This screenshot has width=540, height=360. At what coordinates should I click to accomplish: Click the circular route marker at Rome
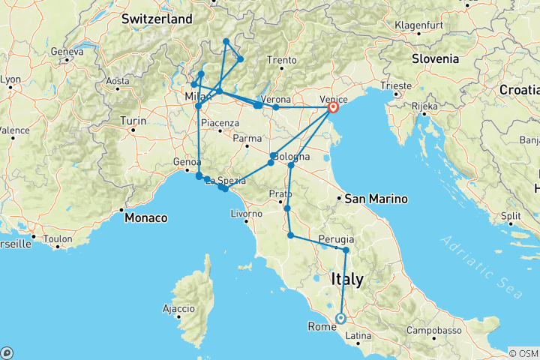[340, 318]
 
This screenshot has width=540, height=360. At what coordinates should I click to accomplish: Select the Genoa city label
[187, 162]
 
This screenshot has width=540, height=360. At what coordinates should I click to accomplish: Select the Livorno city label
[246, 214]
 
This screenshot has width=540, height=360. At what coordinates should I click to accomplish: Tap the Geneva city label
[67, 52]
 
